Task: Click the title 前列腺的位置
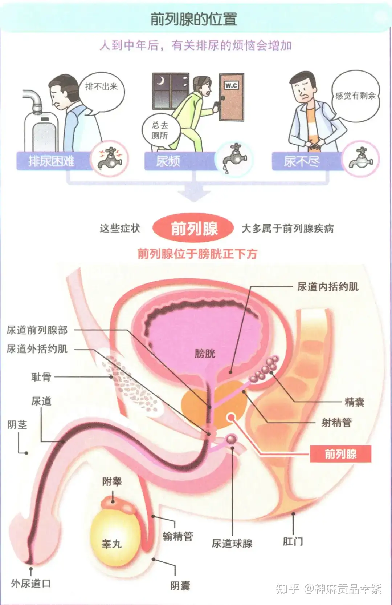[x=194, y=19]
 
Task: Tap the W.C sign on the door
[x=231, y=86]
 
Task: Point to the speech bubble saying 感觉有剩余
[x=355, y=96]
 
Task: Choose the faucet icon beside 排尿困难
[x=110, y=158]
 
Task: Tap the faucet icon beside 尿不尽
[x=361, y=158]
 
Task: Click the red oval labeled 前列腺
[x=193, y=229]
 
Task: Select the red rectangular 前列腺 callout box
[x=340, y=454]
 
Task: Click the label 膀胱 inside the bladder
[x=205, y=354]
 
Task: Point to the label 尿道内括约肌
[x=328, y=287]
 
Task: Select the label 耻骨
[x=41, y=377]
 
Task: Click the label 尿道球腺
[x=232, y=544]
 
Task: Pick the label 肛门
[x=293, y=541]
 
